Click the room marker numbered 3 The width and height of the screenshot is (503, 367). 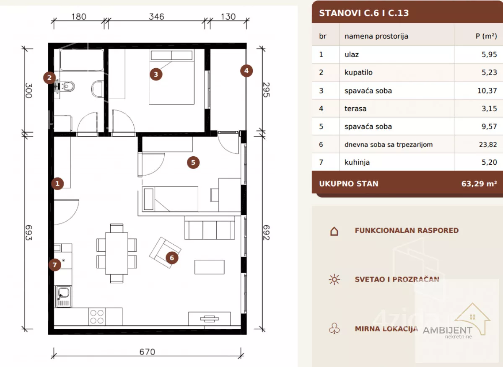click(156, 74)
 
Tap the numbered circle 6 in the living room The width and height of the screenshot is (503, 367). click(172, 258)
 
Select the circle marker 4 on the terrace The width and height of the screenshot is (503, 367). click(246, 71)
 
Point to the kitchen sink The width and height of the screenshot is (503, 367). click(63, 297)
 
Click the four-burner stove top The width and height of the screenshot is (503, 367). click(97, 316)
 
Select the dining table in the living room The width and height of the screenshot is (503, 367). click(117, 253)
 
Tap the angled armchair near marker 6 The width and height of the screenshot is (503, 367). click(165, 253)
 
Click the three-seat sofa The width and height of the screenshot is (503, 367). click(210, 227)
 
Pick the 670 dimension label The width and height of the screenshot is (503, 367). click(147, 352)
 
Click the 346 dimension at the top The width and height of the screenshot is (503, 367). click(156, 17)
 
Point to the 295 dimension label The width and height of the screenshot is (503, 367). click(266, 90)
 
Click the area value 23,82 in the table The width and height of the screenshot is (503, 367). click(488, 145)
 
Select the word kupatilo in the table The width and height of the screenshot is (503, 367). click(358, 72)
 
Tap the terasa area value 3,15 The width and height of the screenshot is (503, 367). click(489, 109)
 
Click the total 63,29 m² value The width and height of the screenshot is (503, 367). click(479, 183)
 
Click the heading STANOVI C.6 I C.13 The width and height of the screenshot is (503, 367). click(364, 13)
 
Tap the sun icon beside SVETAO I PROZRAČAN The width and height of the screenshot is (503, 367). click(334, 279)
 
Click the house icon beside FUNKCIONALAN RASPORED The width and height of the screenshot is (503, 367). click(334, 231)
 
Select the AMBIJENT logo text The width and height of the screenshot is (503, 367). click(448, 330)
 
